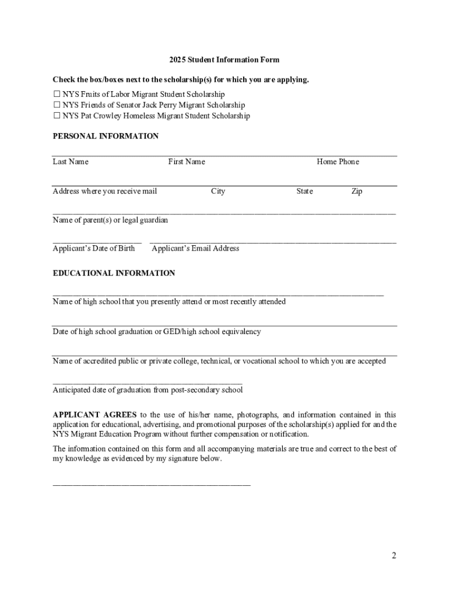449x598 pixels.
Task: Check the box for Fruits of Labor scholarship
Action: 57,95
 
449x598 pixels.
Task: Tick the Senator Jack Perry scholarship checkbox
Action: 57,105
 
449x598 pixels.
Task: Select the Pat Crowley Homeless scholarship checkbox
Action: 57,116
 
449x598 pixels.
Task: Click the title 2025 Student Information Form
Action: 224,60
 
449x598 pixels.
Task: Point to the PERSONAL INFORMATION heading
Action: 106,137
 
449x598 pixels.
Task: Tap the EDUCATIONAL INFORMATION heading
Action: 114,273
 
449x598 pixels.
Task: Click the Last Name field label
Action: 71,162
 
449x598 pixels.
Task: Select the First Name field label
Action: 187,162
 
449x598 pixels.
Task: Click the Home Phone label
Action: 338,162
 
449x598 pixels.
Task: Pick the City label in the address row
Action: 218,192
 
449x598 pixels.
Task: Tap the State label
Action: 304,192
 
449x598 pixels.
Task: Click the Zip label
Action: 356,192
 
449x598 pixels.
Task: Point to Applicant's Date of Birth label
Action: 94,249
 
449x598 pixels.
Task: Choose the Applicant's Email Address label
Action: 195,249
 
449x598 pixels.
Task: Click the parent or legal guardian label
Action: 110,221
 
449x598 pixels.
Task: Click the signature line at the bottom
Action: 152,485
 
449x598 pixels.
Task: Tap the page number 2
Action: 394,555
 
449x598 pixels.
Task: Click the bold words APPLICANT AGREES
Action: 93,415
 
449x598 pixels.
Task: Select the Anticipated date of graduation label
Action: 148,390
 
